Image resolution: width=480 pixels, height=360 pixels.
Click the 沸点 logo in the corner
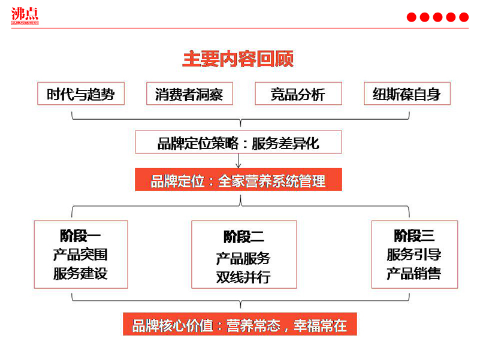pos(25,16)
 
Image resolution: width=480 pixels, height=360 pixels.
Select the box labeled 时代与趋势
pos(81,94)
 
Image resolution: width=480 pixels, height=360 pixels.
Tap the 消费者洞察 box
pos(189,95)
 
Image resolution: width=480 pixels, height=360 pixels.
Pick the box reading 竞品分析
pos(298,95)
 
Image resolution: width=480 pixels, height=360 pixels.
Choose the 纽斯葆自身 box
pos(407,94)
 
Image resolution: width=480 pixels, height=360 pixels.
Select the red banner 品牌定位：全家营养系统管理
pos(239,180)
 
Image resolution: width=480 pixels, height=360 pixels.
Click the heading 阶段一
pos(80,235)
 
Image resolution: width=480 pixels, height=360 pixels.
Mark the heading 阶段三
pos(414,235)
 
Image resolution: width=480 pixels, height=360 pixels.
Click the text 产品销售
pos(414,274)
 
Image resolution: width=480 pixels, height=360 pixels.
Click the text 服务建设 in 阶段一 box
pos(80,274)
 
